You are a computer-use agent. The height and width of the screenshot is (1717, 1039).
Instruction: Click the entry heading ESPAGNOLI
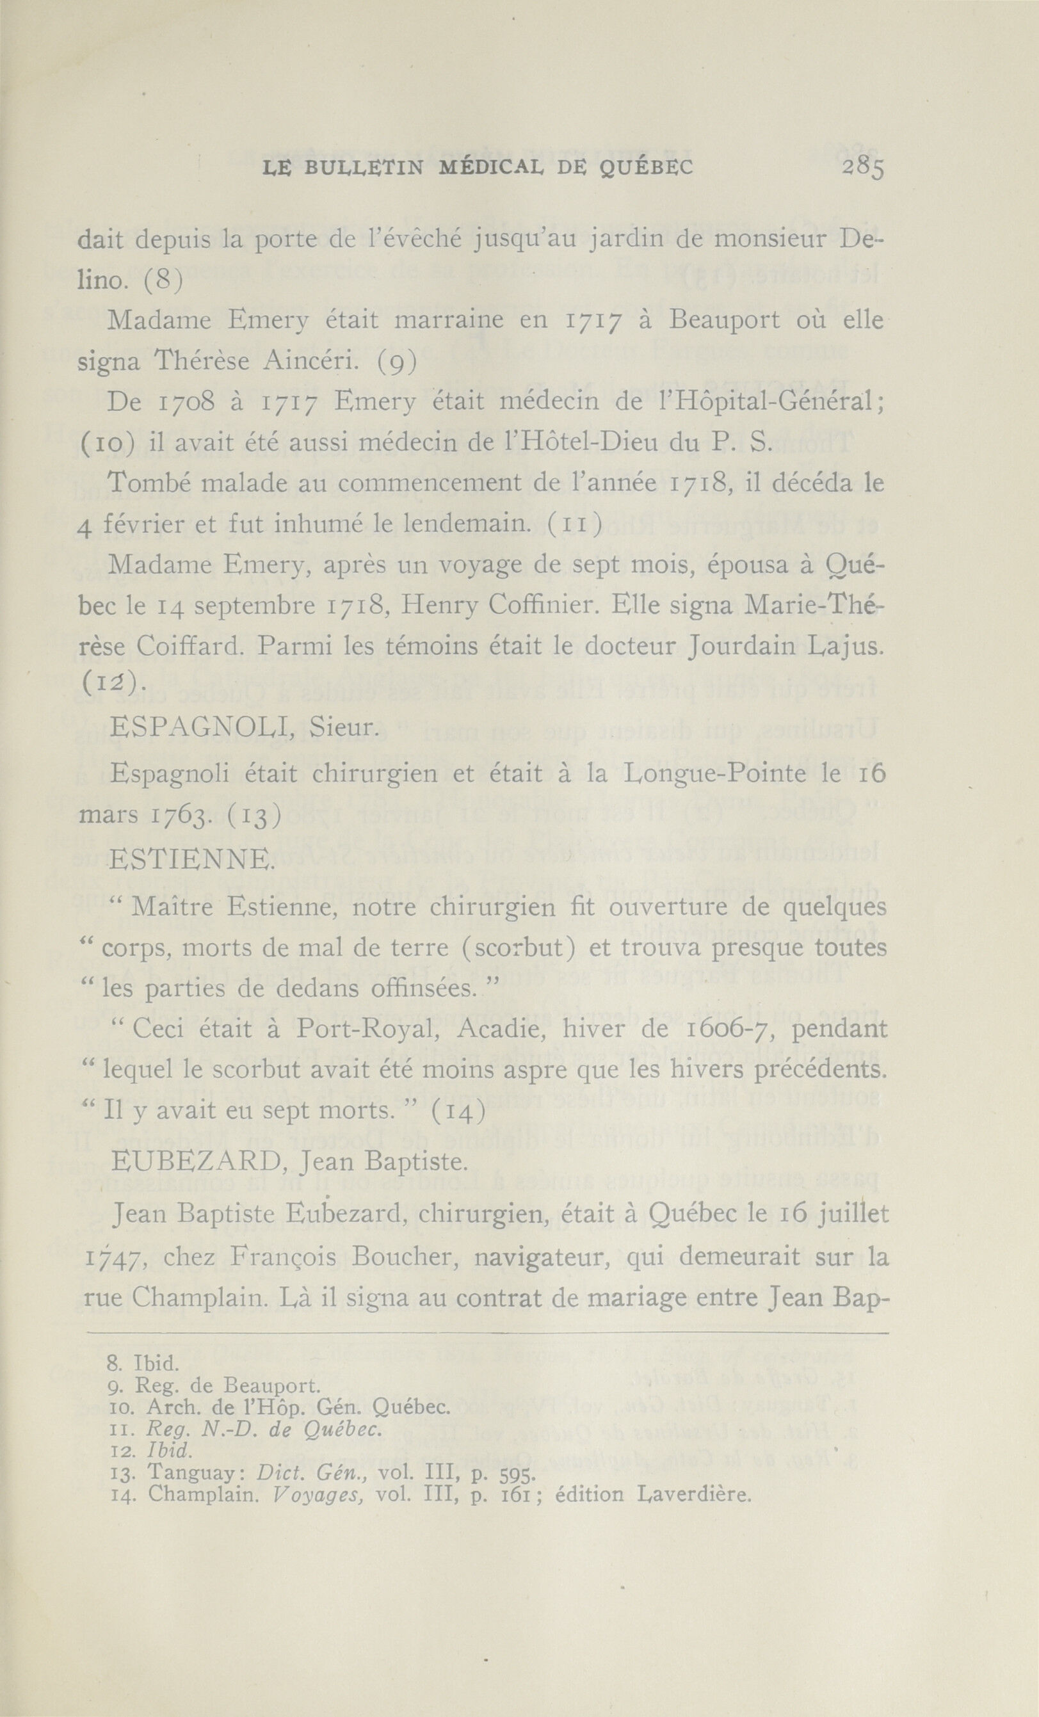(202, 729)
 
